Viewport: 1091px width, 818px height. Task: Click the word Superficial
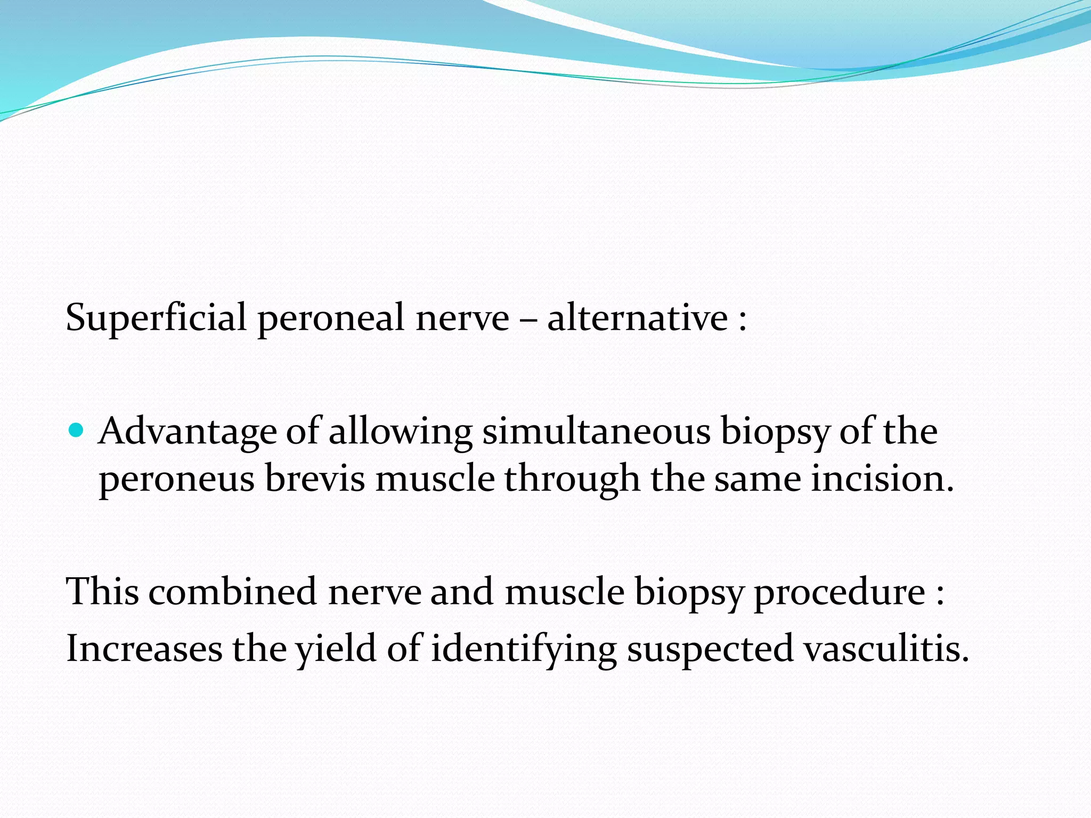(156, 318)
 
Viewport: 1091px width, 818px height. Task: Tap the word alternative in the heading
(637, 318)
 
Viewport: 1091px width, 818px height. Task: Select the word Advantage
(188, 431)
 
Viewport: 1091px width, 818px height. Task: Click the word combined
(233, 592)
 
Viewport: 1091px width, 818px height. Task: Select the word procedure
(840, 592)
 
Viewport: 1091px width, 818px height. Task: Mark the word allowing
(400, 431)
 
